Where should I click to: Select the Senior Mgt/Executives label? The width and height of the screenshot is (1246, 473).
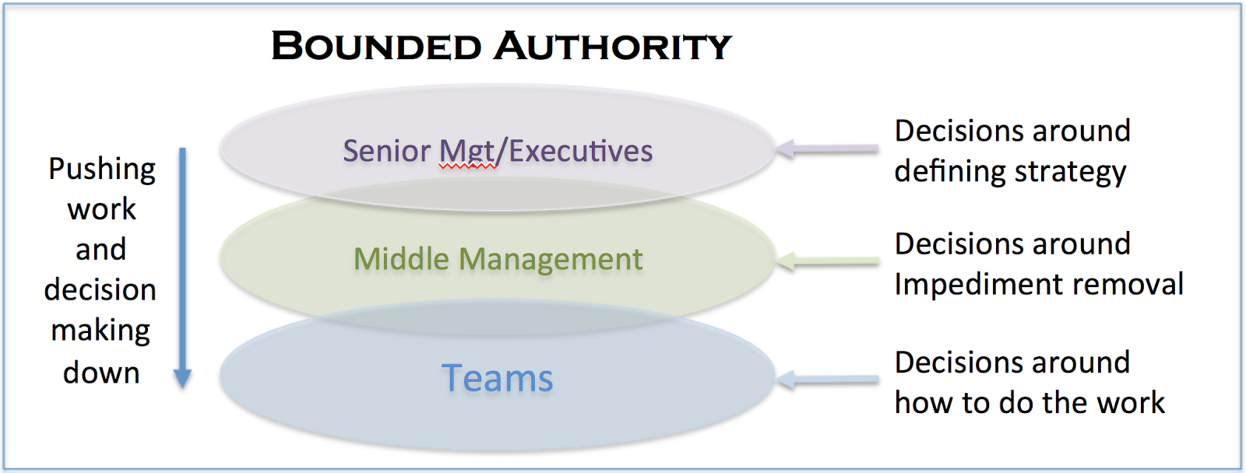pyautogui.click(x=498, y=151)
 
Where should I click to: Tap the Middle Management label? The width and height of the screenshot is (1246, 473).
pyautogui.click(x=498, y=259)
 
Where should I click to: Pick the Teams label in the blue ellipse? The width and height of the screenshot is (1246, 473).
pyautogui.click(x=497, y=379)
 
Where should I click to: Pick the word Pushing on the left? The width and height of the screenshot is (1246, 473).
pyautogui.click(x=102, y=170)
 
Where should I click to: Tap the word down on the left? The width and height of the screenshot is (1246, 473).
pyautogui.click(x=101, y=373)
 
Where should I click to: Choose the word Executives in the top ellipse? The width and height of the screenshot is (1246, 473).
pyautogui.click(x=580, y=151)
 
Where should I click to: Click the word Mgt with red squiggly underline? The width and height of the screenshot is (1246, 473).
pyautogui.click(x=468, y=151)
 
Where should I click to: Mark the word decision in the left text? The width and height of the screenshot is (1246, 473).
pyautogui.click(x=100, y=290)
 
